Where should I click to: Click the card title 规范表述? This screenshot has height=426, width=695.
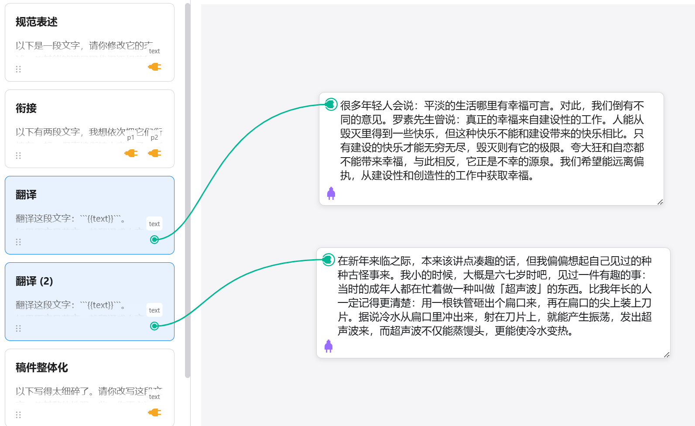click(37, 22)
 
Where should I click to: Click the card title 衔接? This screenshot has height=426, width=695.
click(26, 108)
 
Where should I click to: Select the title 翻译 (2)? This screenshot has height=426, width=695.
click(34, 281)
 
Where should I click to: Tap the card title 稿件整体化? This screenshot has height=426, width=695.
click(42, 368)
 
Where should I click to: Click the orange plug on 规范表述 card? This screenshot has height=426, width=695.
click(154, 67)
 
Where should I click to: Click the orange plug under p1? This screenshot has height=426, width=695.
click(131, 153)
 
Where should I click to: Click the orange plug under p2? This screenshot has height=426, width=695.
click(154, 153)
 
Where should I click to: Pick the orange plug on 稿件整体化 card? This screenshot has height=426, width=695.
click(154, 412)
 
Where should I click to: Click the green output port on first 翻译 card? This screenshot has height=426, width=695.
click(154, 240)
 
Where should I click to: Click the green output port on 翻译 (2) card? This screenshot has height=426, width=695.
click(154, 326)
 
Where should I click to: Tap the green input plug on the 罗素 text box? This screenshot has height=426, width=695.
click(331, 104)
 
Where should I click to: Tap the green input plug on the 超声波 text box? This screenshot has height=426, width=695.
click(328, 260)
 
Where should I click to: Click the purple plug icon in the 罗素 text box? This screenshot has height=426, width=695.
click(331, 193)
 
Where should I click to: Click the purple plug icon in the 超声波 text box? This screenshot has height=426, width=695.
click(329, 346)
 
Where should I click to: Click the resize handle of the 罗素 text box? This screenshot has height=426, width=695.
click(660, 202)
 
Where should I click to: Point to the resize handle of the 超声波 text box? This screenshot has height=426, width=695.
click(667, 355)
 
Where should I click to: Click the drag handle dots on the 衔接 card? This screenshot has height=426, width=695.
click(18, 155)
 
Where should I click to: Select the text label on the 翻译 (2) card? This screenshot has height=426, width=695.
click(154, 310)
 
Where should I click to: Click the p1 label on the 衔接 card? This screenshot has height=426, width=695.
click(131, 137)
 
